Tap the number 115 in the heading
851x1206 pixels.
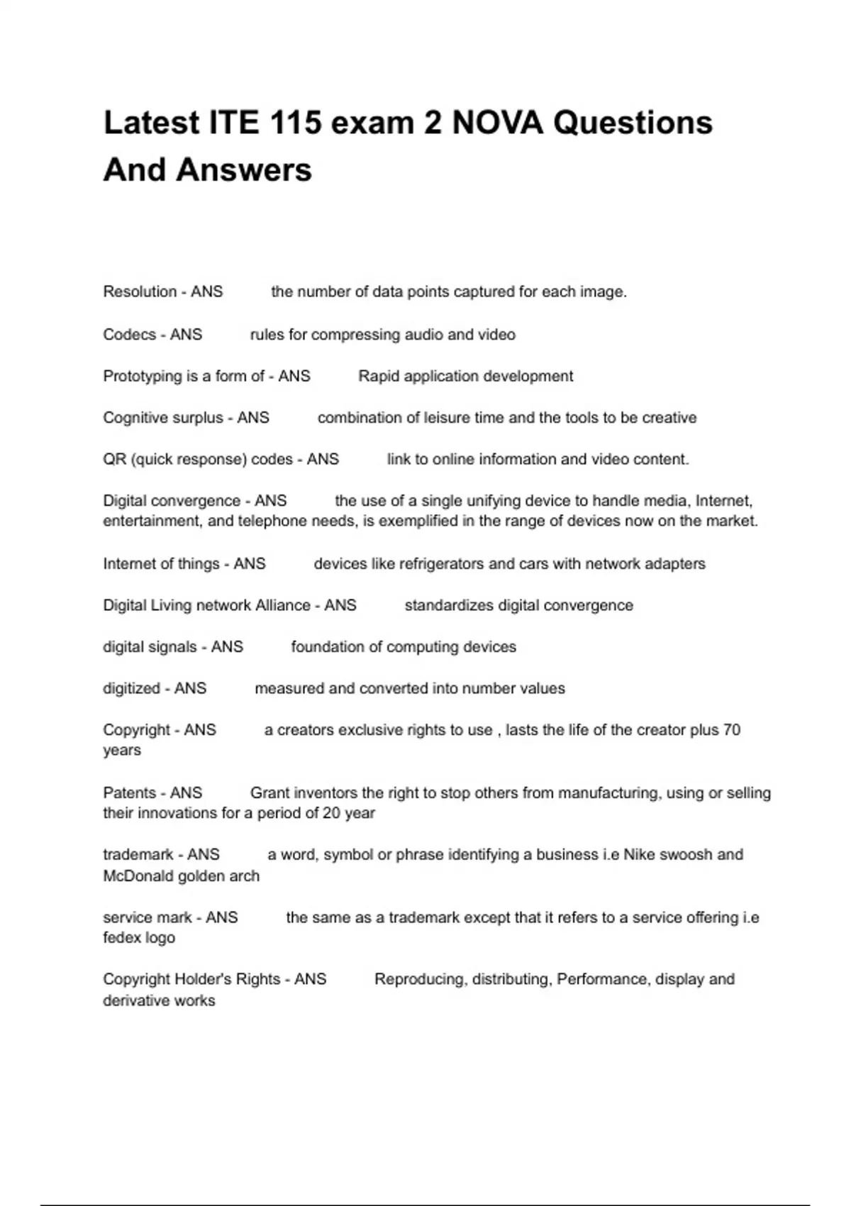(294, 123)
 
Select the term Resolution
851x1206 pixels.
(140, 292)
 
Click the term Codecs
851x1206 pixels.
(129, 334)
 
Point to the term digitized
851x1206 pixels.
(131, 688)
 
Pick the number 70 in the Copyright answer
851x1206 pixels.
(731, 730)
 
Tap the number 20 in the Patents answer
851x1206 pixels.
(331, 813)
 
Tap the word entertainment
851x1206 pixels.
(152, 521)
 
